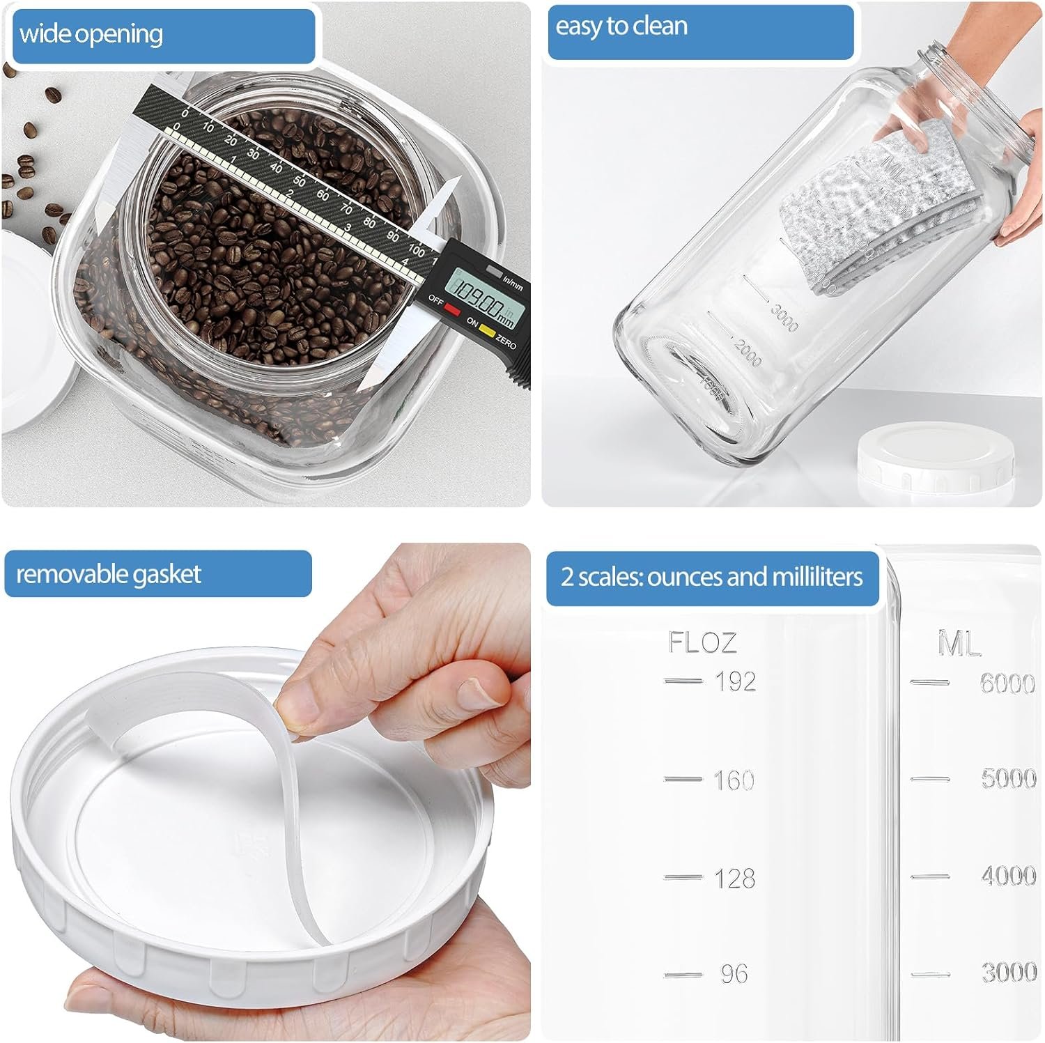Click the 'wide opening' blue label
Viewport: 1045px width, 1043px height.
[x=164, y=35]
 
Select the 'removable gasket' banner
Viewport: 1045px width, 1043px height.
[x=157, y=574]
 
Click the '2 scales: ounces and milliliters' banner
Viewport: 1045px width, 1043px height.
[x=712, y=578]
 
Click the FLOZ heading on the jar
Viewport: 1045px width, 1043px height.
[x=702, y=642]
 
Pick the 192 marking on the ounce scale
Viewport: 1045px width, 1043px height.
[x=735, y=681]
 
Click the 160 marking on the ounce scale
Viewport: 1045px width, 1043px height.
[x=734, y=780]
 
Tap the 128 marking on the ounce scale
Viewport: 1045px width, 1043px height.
[x=734, y=878]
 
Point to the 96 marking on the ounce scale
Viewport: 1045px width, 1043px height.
[x=734, y=974]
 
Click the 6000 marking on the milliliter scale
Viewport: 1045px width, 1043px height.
[x=1007, y=683]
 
